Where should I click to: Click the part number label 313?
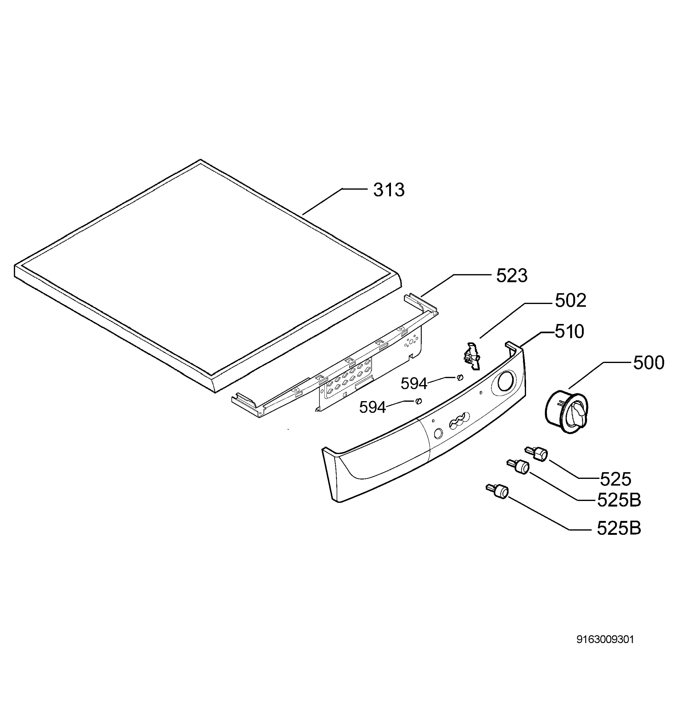(x=389, y=190)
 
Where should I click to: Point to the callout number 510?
(x=569, y=332)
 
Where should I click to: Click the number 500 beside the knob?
(x=648, y=363)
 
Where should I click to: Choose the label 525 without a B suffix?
(x=615, y=479)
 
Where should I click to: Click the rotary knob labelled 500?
(x=566, y=411)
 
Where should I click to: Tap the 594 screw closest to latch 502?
(x=460, y=377)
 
